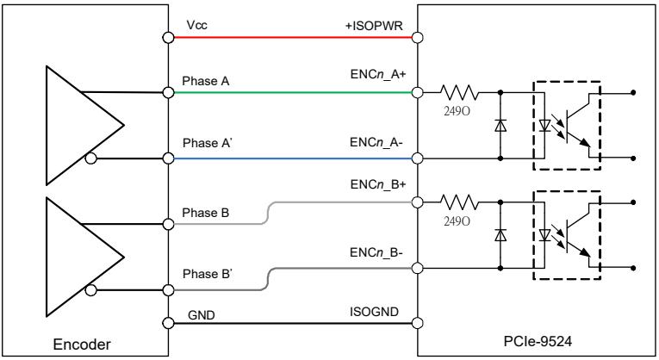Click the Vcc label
coord(196,25)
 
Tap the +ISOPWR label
coord(374,26)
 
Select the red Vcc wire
coord(293,37)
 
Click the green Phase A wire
coord(293,92)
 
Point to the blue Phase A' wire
coord(293,158)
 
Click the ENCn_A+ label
coord(378,74)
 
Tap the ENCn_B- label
coord(376,252)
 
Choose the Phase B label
coord(206,213)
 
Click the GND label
coord(202,315)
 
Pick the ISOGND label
coord(374,312)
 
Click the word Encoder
coord(82,344)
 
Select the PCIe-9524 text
coord(538,341)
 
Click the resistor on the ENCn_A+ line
coord(459,92)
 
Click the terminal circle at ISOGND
coord(417,323)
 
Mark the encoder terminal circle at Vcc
coord(168,37)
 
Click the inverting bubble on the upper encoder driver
coord(90,158)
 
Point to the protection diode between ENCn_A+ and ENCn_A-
coord(500,125)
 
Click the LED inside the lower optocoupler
coord(545,235)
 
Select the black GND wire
coord(293,323)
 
